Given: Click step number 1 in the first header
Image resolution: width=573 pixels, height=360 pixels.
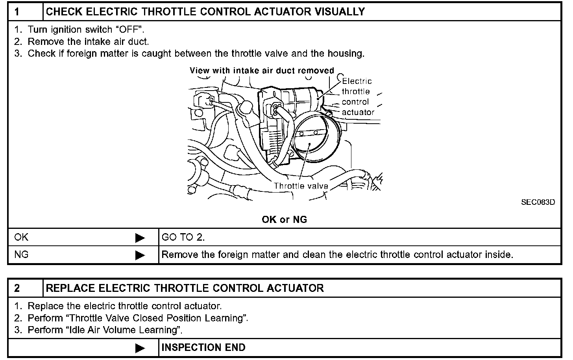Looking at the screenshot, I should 17,12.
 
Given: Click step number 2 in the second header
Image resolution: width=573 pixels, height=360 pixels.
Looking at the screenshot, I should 17,288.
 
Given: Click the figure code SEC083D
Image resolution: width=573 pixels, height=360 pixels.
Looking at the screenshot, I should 538,202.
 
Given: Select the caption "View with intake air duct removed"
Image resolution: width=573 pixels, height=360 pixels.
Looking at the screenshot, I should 262,71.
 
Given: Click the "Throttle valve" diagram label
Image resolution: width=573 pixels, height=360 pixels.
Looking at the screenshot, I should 301,186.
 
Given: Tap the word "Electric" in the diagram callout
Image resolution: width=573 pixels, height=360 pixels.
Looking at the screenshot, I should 357,82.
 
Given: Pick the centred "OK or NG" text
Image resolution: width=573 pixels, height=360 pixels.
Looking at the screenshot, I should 284,219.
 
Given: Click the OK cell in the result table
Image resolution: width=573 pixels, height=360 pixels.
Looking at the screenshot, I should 22,238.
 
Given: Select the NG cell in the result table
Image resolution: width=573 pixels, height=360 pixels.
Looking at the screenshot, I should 22,255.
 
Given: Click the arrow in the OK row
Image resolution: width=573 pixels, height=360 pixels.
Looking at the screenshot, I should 140,238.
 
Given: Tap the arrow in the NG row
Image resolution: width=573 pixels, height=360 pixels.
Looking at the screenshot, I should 140,255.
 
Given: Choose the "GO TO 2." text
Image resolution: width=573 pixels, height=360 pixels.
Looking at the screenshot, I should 183,238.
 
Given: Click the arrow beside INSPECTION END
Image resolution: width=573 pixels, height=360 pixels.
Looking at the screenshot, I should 140,348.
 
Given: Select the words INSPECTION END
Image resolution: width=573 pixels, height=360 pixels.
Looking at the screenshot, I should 203,348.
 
